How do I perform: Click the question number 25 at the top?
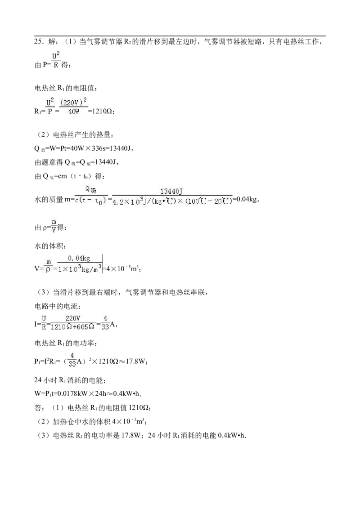coord(38,41)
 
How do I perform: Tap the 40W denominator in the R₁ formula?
coord(74,112)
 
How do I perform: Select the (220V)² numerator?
coord(73,102)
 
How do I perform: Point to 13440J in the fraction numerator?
coord(171,192)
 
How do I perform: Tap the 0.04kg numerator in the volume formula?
coord(79,259)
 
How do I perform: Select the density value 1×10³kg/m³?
coord(80,269)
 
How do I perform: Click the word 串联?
coord(198,292)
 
